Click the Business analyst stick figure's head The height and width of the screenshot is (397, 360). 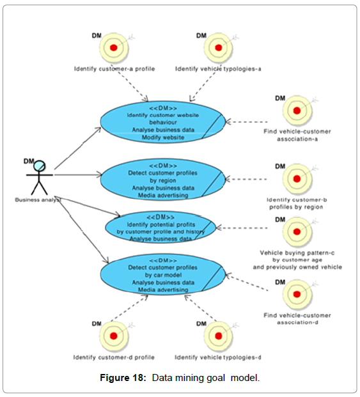pyautogui.click(x=40, y=166)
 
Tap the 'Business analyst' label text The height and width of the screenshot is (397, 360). pyautogui.click(x=38, y=200)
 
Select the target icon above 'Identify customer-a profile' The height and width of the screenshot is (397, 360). pyautogui.click(x=114, y=47)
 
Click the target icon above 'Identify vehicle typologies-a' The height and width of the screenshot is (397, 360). pyautogui.click(x=218, y=47)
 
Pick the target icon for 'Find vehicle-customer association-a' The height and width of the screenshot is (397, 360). pyautogui.click(x=297, y=111)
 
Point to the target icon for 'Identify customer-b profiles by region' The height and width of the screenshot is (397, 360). pyautogui.click(x=297, y=179)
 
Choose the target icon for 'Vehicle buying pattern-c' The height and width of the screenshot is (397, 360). pyautogui.click(x=297, y=231)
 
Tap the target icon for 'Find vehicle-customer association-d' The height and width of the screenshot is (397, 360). pyautogui.click(x=297, y=295)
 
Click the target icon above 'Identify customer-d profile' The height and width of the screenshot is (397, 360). pyautogui.click(x=114, y=336)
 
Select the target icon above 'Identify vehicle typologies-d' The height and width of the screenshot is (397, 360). pyautogui.click(x=218, y=336)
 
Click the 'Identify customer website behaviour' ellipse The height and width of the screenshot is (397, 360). pyautogui.click(x=163, y=122)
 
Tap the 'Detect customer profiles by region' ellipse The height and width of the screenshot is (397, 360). pyautogui.click(x=163, y=180)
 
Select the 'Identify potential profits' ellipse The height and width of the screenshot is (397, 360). pyautogui.click(x=160, y=228)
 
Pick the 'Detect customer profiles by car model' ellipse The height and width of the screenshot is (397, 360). pyautogui.click(x=163, y=275)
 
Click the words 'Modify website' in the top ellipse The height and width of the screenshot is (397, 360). pyautogui.click(x=163, y=137)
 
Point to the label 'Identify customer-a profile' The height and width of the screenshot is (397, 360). pyautogui.click(x=114, y=69)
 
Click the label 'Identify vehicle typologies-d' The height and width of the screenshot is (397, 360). pyautogui.click(x=218, y=357)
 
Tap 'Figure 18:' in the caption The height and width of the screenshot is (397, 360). pyautogui.click(x=123, y=378)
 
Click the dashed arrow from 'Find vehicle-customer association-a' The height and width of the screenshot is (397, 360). pyautogui.click(x=246, y=122)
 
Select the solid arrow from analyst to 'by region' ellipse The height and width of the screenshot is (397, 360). pyautogui.click(x=78, y=175)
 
